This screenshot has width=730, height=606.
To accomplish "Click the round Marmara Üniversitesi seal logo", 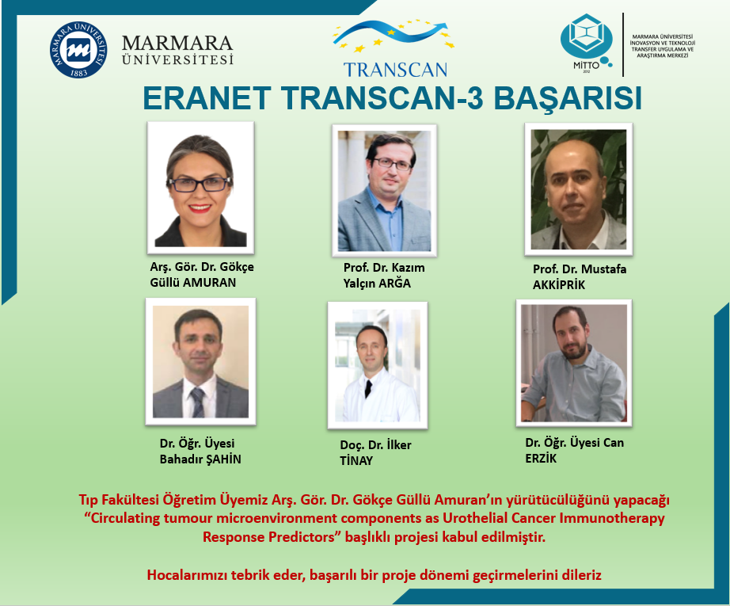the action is (78, 49).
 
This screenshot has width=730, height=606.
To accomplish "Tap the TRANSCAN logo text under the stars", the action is (395, 70).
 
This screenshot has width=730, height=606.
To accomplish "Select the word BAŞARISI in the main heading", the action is (568, 98).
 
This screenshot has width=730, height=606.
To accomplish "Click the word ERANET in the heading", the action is (207, 98).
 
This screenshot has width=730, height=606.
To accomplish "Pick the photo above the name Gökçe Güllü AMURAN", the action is (200, 188).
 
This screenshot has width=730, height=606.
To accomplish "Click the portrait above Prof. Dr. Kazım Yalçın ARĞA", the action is (384, 190).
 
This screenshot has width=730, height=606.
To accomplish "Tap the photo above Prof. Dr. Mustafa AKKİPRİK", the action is (579, 189).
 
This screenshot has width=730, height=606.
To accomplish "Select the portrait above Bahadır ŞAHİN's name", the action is (200, 361).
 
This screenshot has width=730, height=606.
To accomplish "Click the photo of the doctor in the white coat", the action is (378, 366).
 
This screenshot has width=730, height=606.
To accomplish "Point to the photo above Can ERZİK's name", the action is (573, 364).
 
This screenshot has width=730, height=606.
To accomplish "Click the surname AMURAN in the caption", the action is (210, 283).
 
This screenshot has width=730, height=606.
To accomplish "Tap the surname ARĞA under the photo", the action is (394, 284).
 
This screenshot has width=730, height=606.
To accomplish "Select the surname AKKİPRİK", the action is (559, 285).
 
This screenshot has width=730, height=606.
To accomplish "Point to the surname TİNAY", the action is (356, 461).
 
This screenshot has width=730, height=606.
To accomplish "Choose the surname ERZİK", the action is (541, 459).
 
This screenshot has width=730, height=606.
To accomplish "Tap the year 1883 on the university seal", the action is (78, 72).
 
